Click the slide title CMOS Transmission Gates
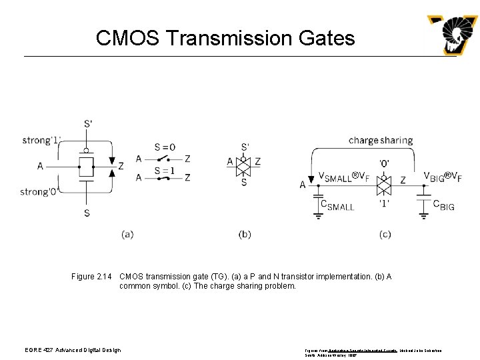pos(225,38)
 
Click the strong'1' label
pos(41,140)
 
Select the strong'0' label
pos(39,192)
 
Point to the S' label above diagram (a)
pos(88,123)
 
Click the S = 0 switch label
pos(165,147)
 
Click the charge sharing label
pos(380,141)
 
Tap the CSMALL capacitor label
pos(337,205)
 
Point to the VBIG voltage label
pos(443,177)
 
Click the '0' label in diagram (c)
pos(385,163)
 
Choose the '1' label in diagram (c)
pos(385,202)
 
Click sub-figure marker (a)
pos(127,234)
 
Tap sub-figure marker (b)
pos(245,234)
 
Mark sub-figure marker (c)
pos(385,234)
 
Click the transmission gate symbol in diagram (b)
pos(244,162)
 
